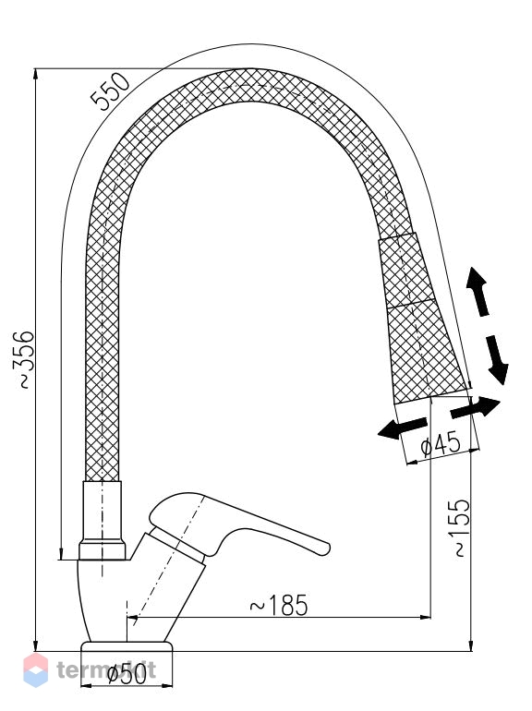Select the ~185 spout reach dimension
point(279,605)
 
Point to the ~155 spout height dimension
point(462,527)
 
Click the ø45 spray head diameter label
point(441,445)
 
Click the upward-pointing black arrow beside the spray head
point(478,291)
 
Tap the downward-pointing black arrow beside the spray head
point(497,359)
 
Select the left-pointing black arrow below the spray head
point(402,428)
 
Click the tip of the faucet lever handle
point(328,548)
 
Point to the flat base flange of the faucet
point(127,646)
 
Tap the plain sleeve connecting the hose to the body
point(102,521)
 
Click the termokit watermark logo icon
point(36,669)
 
